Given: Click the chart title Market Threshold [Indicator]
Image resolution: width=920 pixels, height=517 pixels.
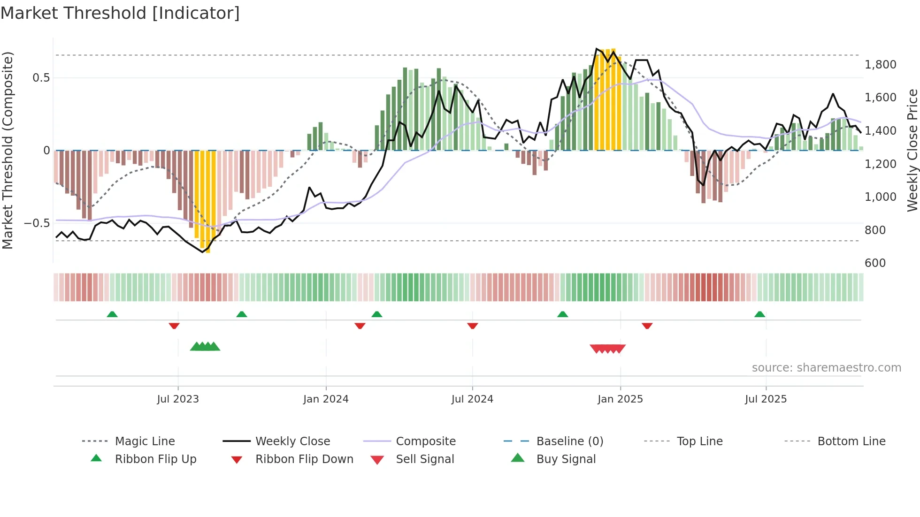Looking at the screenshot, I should coord(120,13).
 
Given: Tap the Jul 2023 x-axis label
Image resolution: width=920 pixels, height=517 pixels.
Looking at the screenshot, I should coord(178,399).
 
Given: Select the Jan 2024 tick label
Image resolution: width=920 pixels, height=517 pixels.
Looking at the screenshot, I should coord(326,399).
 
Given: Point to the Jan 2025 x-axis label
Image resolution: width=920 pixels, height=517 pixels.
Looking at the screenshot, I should coord(620,399).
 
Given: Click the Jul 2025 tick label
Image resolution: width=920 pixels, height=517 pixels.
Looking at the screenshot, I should coord(766,399).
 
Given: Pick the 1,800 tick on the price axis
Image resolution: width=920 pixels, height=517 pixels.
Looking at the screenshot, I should coord(880,65).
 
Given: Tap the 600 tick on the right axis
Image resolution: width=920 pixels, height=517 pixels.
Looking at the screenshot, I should coord(875,263).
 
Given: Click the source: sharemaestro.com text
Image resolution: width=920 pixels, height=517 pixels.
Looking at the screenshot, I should coord(826,368).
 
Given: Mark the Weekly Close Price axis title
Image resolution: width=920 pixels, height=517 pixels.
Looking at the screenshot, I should coord(912,150).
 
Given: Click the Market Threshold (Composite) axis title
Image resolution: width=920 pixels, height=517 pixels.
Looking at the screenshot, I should coord(8,150).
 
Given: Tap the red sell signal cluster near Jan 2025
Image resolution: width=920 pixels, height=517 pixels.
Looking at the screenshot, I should coord(607,349).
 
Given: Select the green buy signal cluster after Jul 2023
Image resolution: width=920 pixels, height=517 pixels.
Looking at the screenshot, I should coord(205,347).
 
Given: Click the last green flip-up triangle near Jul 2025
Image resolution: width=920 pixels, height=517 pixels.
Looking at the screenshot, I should coord(759,314).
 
